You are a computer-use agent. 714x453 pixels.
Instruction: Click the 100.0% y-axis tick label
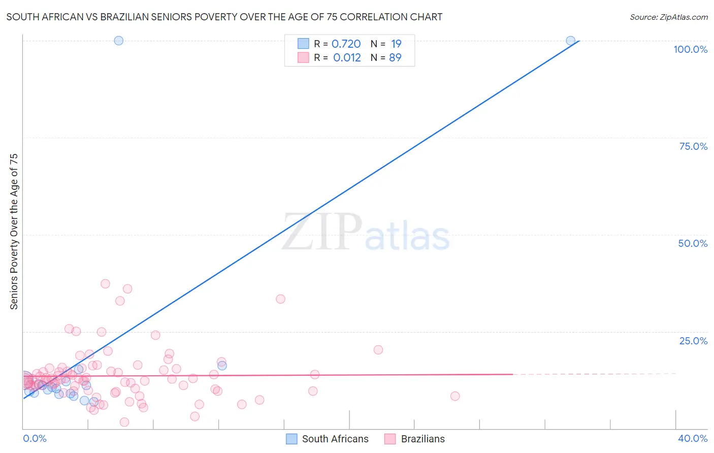[690, 49]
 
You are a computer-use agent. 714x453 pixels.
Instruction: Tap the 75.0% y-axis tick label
[693, 146]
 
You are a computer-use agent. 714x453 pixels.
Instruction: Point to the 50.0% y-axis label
[693, 243]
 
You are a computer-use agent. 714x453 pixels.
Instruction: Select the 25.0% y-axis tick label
[693, 341]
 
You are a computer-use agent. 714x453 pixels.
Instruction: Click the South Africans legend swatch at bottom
[291, 439]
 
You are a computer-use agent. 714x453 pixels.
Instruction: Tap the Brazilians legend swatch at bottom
[390, 439]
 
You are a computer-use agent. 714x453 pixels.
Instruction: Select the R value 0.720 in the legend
[346, 44]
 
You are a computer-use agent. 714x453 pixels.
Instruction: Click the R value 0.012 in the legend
[347, 58]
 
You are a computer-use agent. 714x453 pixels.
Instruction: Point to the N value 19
[396, 44]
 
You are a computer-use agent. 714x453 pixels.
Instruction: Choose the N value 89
[395, 58]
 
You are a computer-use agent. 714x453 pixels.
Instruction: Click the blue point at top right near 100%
[570, 41]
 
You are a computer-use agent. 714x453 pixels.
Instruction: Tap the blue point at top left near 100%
[118, 41]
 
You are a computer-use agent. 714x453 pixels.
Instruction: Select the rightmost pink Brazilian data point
[455, 396]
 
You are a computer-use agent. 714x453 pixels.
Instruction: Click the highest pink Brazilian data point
[105, 284]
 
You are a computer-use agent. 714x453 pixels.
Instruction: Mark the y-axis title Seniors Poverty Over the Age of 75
[14, 232]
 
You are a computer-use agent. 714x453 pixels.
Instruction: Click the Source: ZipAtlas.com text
[668, 17]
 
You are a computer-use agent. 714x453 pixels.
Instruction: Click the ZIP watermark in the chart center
[322, 233]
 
